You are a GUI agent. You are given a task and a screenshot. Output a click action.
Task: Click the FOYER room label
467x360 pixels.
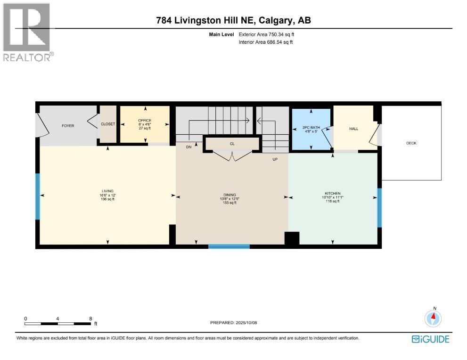(x=68, y=126)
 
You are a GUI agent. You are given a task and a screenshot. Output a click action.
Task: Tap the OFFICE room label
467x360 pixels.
(x=145, y=121)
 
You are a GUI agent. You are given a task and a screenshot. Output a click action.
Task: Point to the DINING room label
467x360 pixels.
(x=229, y=195)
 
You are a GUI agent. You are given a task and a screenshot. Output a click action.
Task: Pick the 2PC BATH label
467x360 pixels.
(x=311, y=128)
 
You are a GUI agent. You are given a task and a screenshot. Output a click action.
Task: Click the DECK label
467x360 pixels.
(x=411, y=143)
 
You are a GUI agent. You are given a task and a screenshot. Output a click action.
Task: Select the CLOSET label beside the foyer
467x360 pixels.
(x=108, y=124)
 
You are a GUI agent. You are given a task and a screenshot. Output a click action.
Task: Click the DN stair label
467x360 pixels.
(x=188, y=147)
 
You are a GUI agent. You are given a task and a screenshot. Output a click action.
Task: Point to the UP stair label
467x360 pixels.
(x=275, y=159)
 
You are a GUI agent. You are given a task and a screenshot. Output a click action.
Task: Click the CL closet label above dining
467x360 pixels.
(x=232, y=144)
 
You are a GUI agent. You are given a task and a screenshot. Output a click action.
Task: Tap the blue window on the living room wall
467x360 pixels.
(x=38, y=196)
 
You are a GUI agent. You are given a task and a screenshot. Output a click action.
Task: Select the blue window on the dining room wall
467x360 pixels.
(x=229, y=246)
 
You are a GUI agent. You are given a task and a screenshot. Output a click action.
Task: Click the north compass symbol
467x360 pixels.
(x=433, y=319)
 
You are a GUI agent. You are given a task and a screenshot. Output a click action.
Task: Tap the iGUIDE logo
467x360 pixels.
(x=430, y=339)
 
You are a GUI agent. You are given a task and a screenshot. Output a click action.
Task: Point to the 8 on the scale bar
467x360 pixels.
(x=90, y=319)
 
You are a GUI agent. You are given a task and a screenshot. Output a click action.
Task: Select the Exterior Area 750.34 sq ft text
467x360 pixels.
(x=266, y=34)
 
